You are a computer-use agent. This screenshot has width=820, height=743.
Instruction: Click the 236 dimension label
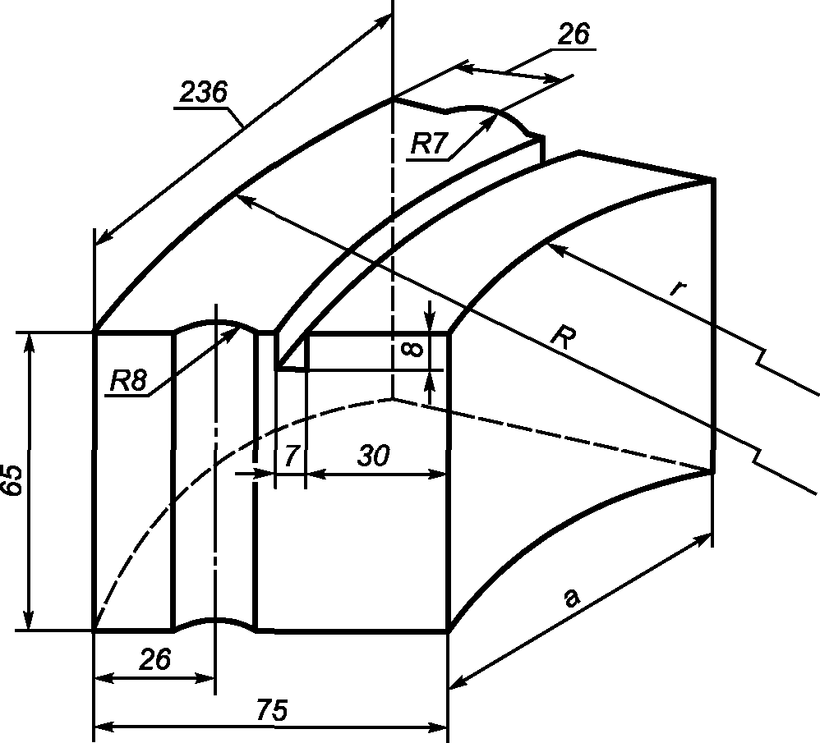coord(204,93)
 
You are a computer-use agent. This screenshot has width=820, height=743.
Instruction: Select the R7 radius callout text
coord(430,144)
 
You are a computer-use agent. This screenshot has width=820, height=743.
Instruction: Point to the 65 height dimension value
coord(12,479)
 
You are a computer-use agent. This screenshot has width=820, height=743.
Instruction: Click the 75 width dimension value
coord(272,710)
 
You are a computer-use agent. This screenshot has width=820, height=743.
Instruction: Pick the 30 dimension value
coord(373,456)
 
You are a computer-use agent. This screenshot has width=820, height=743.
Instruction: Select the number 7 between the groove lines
coord(291,456)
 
